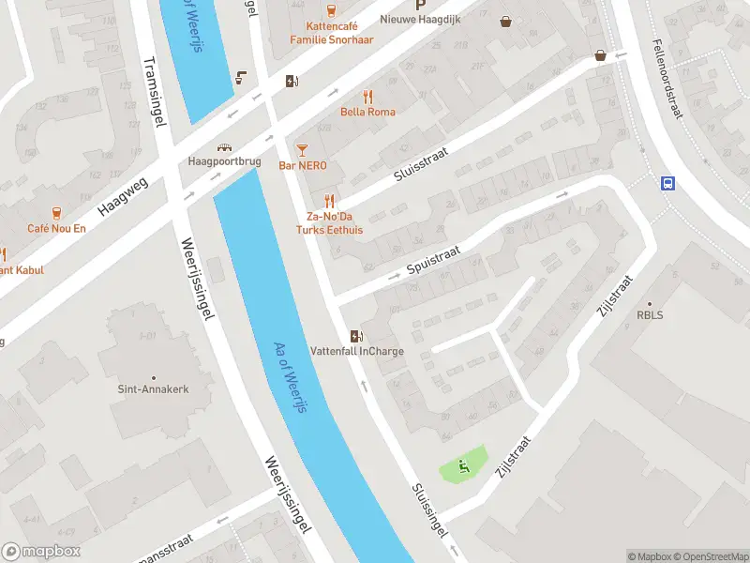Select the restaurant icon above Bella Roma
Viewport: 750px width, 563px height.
pyautogui.click(x=367, y=96)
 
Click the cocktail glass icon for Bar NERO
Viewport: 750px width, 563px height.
pyautogui.click(x=302, y=149)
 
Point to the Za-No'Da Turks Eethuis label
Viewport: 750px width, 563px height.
pyautogui.click(x=328, y=222)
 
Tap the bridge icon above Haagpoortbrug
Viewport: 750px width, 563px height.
pyautogui.click(x=224, y=146)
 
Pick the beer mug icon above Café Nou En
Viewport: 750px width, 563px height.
pyautogui.click(x=56, y=212)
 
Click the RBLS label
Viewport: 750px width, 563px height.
pyautogui.click(x=650, y=314)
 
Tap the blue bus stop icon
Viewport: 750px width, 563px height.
pyautogui.click(x=667, y=183)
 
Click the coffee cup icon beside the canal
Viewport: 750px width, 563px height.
pyautogui.click(x=242, y=78)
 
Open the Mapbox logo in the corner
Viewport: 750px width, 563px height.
pyautogui.click(x=41, y=552)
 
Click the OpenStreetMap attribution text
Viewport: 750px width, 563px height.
pyautogui.click(x=710, y=556)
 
